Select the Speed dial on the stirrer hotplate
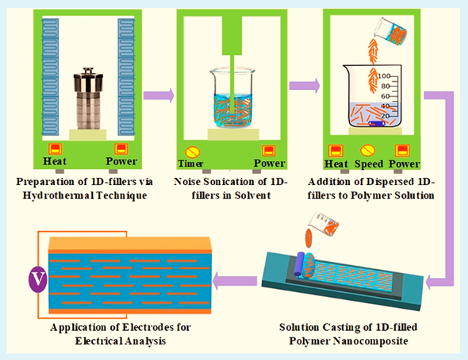370,151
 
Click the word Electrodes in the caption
142,327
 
